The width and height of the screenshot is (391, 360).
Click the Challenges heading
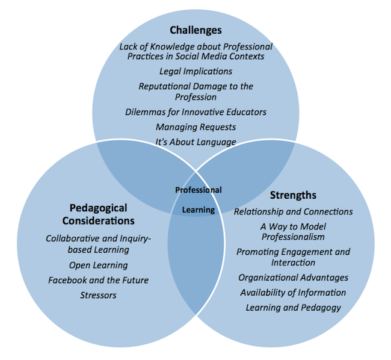click(195, 31)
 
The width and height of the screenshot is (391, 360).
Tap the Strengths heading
click(293, 195)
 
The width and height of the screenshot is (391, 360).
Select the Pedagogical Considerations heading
click(98, 214)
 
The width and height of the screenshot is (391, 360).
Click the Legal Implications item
click(195, 72)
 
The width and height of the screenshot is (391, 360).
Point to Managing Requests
click(195, 127)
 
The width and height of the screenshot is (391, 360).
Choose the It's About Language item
click(195, 142)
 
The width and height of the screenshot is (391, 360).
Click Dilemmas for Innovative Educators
click(195, 112)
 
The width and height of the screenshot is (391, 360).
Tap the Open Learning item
click(98, 265)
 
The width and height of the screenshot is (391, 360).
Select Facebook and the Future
click(98, 280)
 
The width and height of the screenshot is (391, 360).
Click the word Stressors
click(98, 296)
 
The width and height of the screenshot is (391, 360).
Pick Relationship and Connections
click(294, 212)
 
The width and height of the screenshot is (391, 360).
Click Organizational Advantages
click(294, 278)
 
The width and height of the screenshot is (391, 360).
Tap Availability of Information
click(294, 293)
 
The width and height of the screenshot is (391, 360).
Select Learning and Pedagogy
click(294, 308)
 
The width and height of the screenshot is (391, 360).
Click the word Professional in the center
click(199, 190)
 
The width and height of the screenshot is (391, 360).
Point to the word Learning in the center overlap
click(199, 210)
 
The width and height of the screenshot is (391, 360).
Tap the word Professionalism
click(293, 237)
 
